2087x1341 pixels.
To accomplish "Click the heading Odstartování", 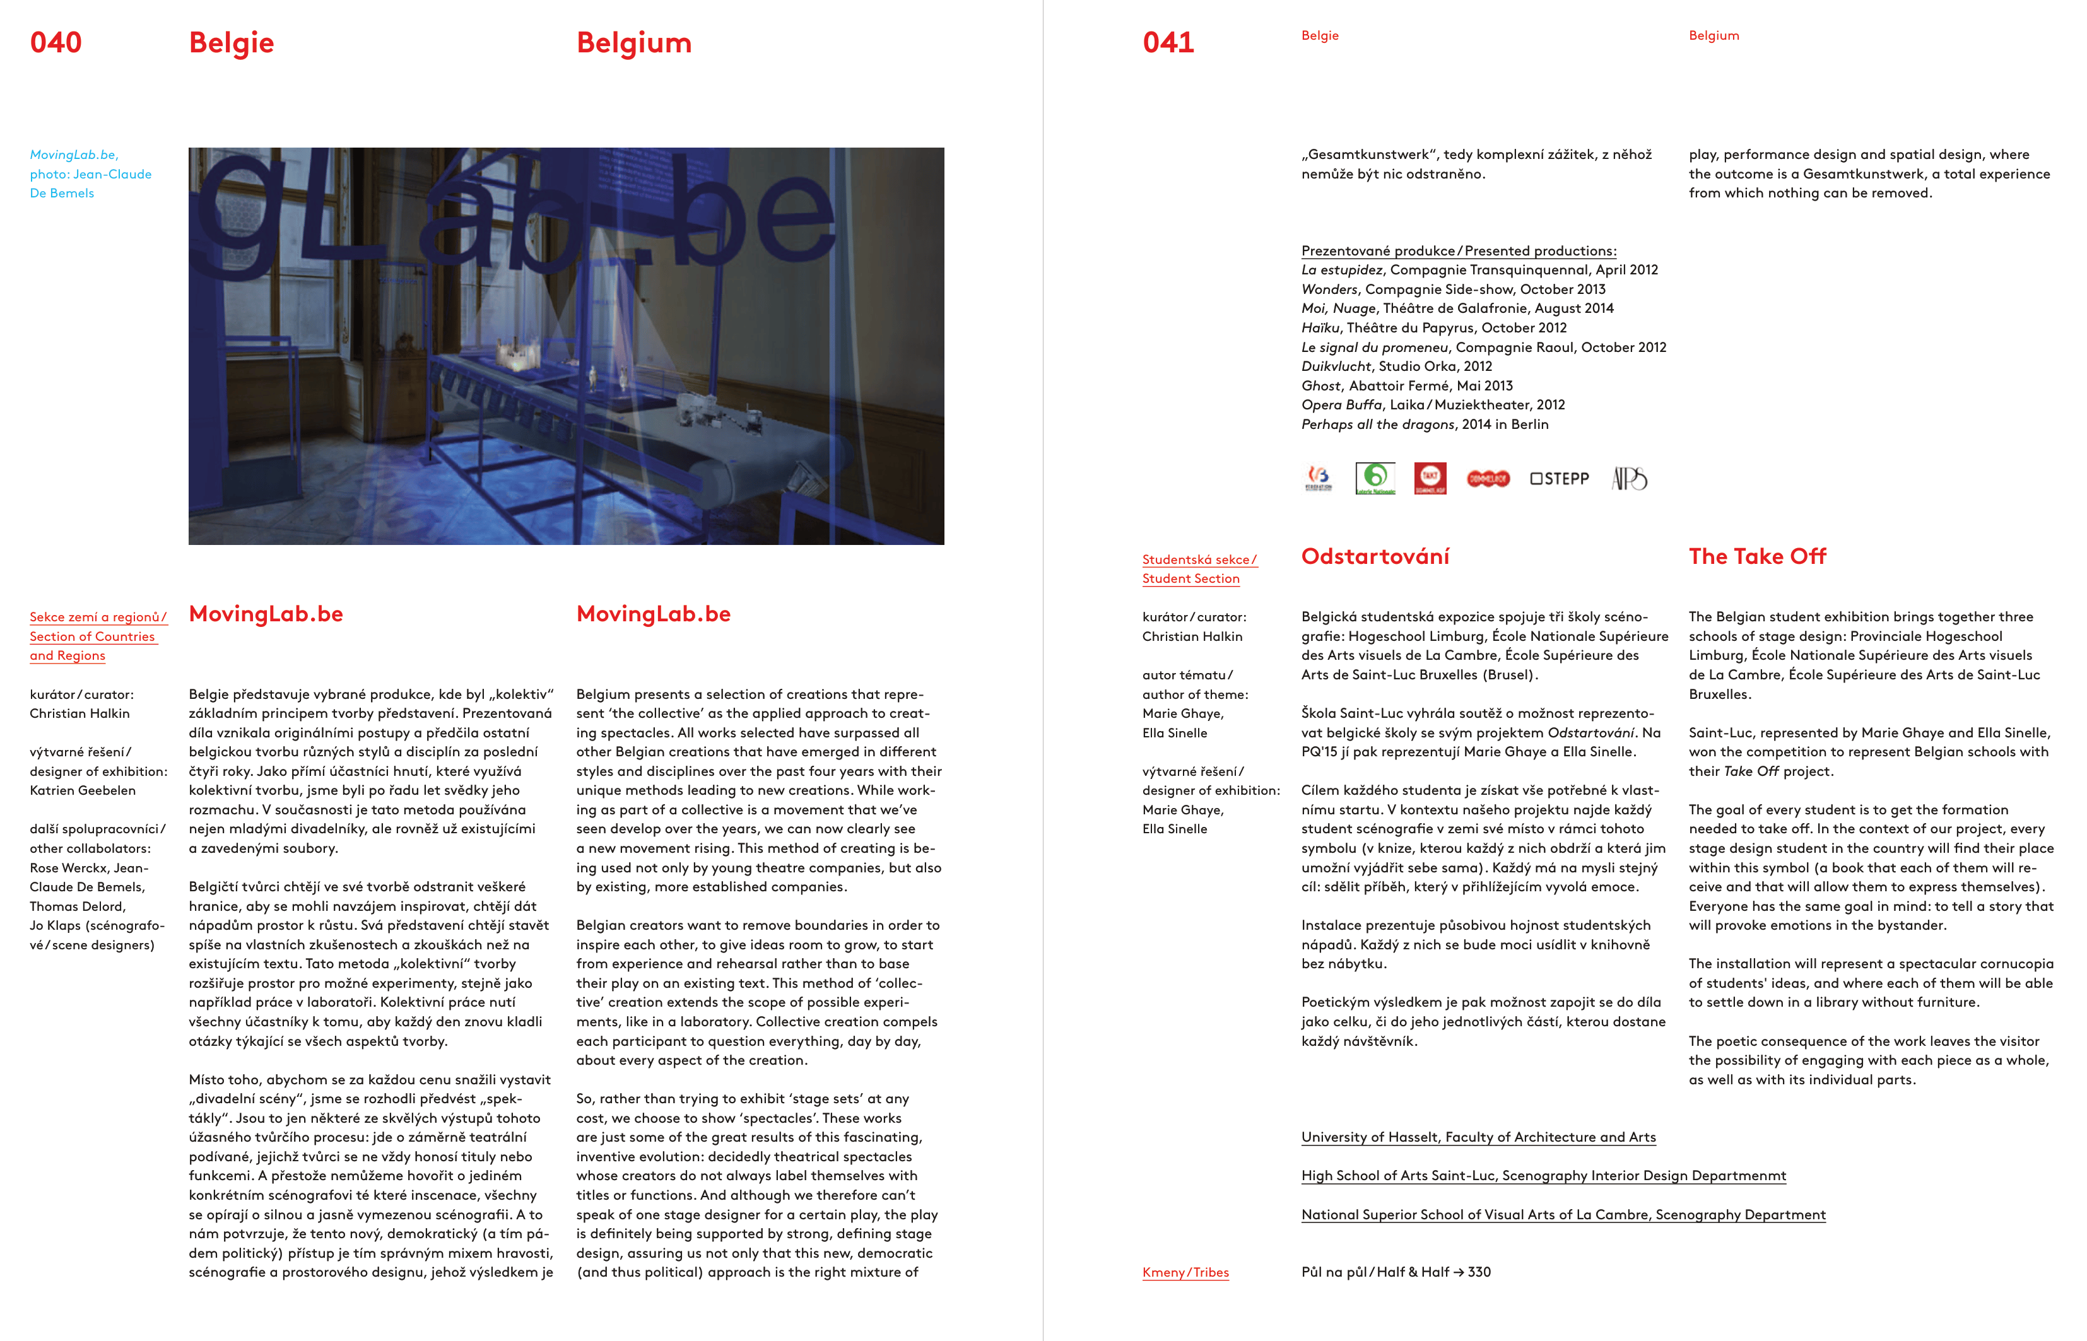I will [x=1375, y=556].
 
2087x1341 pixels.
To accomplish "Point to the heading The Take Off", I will [x=1757, y=556].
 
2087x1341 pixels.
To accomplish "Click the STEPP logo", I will [x=1559, y=478].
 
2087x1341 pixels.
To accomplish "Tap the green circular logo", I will [x=1375, y=477].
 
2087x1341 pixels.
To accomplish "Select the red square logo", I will [x=1430, y=477].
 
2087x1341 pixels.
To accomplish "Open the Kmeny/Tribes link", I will [x=1185, y=1272].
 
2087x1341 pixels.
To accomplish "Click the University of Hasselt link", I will [x=1478, y=1137].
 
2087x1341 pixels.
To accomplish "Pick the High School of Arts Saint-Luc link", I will [x=1543, y=1176].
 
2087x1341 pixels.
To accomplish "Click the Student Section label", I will [x=1190, y=578].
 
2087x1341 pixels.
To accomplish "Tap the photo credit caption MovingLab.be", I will [x=74, y=154].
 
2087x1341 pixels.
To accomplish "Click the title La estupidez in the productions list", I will [x=1341, y=270].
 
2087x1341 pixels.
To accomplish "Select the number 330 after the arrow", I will [x=1479, y=1272].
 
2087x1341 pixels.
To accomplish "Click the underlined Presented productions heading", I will [x=1540, y=251].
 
